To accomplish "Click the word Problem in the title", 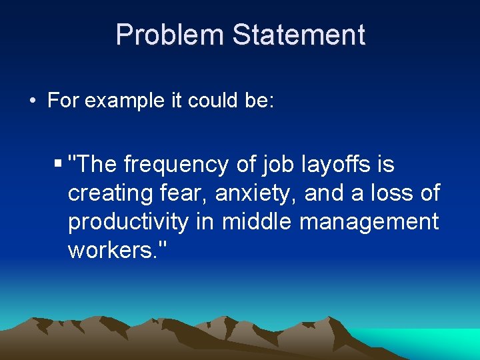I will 169,35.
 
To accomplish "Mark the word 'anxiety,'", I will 259,193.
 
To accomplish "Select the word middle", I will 257,222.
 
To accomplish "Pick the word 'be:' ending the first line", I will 260,101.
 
